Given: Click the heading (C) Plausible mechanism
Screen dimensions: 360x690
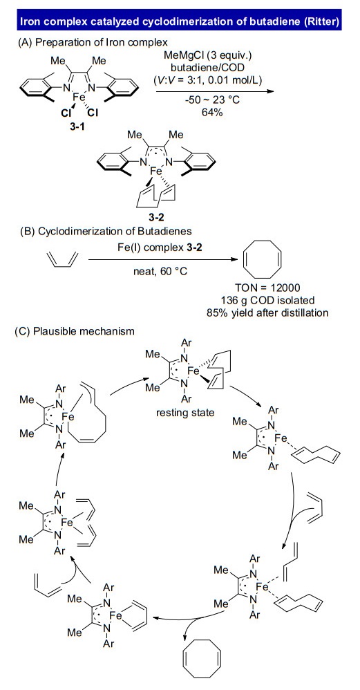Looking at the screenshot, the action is pos(75,331).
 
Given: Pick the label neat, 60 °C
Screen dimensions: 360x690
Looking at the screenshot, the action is pos(160,272).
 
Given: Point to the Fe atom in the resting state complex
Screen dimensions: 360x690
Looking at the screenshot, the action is pos(193,371).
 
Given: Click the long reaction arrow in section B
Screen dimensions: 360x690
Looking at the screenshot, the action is pos(160,260).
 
